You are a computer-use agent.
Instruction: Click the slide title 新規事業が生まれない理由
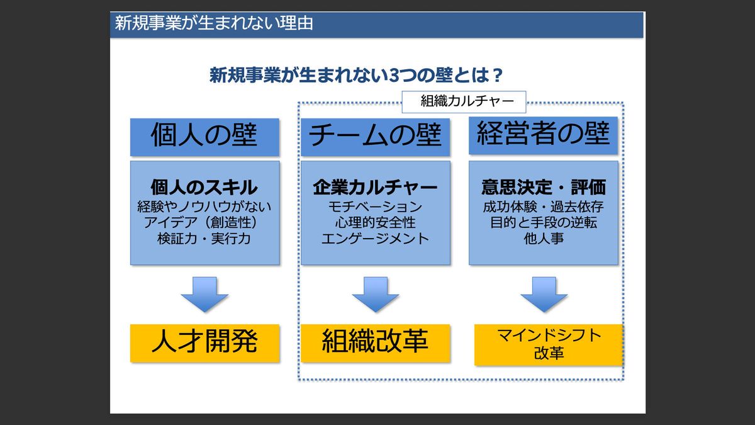(x=214, y=25)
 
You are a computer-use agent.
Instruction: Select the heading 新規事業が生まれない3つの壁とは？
(x=355, y=76)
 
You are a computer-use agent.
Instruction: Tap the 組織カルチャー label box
(x=463, y=101)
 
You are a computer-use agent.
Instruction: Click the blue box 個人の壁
(x=204, y=136)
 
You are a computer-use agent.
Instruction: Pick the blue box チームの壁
(x=375, y=136)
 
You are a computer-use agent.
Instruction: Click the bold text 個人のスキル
(x=204, y=187)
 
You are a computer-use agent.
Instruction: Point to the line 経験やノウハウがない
(x=204, y=207)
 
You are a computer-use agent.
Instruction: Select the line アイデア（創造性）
(x=204, y=223)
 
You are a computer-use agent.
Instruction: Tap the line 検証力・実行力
(x=204, y=239)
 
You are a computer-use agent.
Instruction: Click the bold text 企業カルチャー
(x=375, y=187)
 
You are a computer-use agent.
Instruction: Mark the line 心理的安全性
(x=375, y=223)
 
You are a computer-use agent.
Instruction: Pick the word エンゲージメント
(x=375, y=239)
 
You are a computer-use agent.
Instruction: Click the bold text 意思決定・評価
(x=543, y=187)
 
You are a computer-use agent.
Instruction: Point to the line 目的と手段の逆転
(x=543, y=223)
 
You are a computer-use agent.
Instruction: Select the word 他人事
(x=543, y=239)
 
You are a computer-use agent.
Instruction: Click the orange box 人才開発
(x=204, y=343)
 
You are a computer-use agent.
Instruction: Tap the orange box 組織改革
(x=375, y=343)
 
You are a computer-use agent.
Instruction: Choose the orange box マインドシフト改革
(x=548, y=344)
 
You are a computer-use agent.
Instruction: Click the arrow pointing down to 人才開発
(x=204, y=295)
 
